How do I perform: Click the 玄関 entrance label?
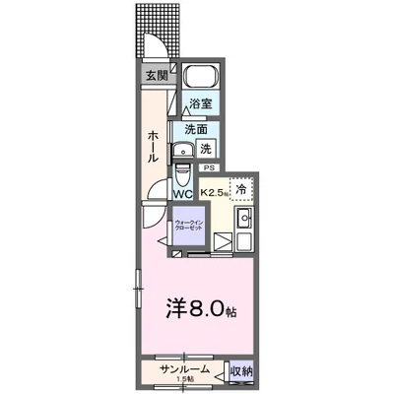coord(157,74)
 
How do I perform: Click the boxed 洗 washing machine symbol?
coord(206,149)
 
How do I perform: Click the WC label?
coord(183,193)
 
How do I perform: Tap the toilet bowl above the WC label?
coord(182,176)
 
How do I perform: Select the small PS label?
coord(210,169)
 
